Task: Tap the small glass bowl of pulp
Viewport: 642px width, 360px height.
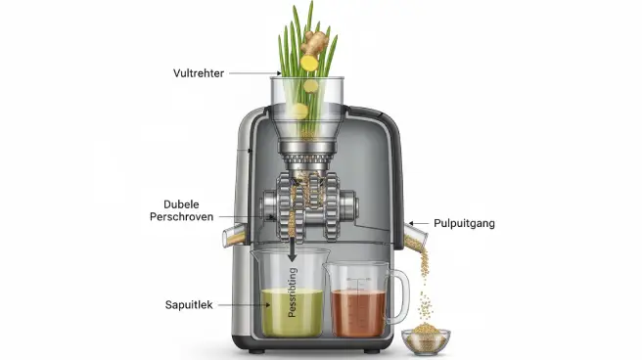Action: point(426,340)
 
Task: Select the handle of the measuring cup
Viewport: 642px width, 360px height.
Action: point(398,296)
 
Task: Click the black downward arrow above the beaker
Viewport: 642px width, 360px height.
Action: point(292,252)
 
